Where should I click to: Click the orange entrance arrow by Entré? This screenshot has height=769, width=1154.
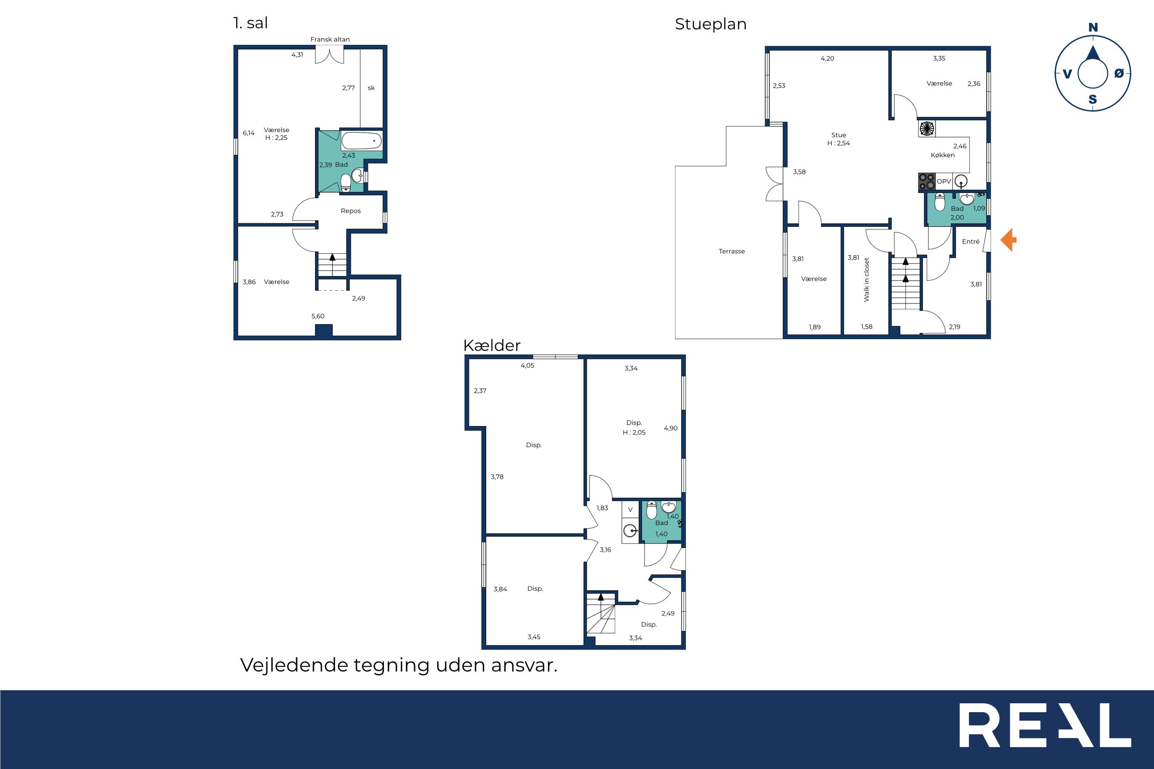1008,241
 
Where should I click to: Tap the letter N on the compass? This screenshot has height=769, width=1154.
1093,28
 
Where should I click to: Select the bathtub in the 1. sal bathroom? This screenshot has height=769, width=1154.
361,141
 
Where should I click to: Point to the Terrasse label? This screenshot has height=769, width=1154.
732,251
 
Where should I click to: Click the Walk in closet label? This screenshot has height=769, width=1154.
866,280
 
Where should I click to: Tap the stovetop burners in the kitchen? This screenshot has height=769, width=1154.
927,181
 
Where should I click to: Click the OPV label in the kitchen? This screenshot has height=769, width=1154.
944,181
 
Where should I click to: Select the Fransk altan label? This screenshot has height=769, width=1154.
330,39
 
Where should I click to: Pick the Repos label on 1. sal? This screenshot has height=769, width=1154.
351,211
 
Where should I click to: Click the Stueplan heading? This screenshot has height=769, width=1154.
711,24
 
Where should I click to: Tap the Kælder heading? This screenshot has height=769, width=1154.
491,345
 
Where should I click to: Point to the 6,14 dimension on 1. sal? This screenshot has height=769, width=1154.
249,133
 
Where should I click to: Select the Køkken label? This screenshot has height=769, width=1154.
943,155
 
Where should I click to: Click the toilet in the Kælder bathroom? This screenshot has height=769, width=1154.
651,510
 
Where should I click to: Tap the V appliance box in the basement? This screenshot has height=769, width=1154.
630,509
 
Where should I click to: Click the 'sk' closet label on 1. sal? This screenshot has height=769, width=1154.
371,88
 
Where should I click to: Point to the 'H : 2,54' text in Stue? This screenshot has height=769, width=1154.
839,143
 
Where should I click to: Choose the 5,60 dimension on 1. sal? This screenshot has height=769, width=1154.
318,316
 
